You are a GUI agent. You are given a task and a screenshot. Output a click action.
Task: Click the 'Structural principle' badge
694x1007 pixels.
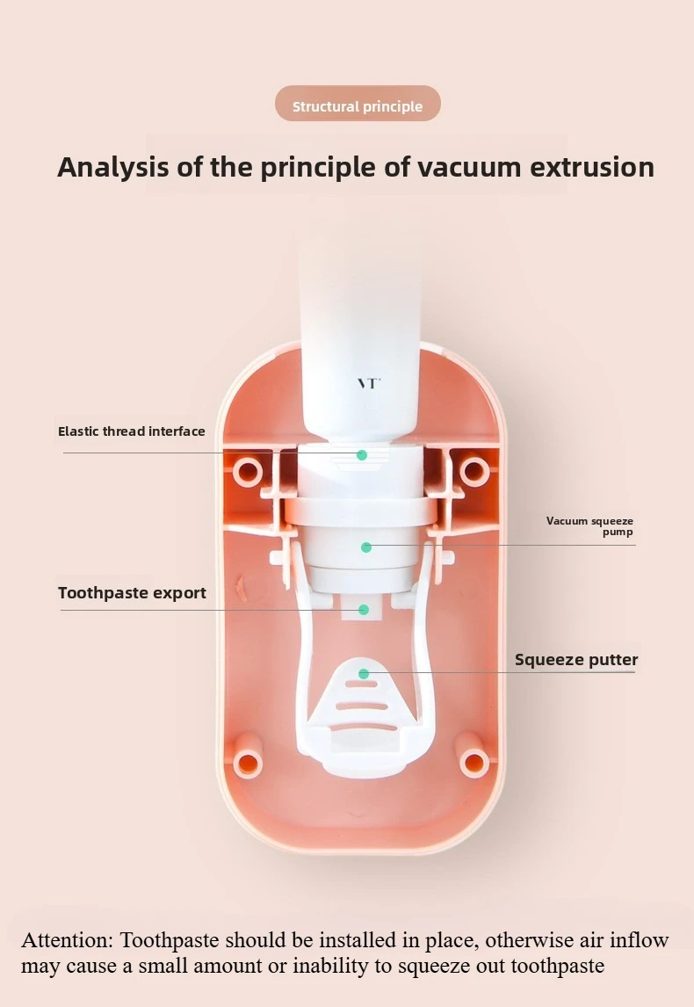(x=358, y=106)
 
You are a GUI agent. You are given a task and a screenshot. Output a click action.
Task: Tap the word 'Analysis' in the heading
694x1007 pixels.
(x=113, y=167)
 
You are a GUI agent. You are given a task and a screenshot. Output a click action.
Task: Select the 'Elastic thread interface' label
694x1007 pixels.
(x=132, y=431)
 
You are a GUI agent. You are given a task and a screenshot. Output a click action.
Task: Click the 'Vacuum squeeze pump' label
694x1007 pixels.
(x=589, y=526)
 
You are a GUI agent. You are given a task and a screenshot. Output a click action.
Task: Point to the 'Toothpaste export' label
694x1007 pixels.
(x=132, y=593)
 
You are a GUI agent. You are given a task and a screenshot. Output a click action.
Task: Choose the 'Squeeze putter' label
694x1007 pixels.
(x=576, y=660)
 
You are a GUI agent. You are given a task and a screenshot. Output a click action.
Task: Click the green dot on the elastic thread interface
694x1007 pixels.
(x=361, y=455)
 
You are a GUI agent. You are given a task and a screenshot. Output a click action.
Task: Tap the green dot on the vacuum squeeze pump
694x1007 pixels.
(x=366, y=547)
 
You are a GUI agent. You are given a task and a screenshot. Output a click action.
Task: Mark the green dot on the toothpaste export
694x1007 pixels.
(x=363, y=609)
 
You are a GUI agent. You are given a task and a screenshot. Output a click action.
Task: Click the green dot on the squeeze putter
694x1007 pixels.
(x=364, y=674)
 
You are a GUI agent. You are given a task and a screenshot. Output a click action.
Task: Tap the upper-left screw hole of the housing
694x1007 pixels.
(x=248, y=472)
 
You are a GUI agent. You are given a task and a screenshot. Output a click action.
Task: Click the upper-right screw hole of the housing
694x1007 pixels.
(x=474, y=471)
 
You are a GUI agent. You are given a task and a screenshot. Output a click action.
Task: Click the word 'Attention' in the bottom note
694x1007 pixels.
(x=67, y=940)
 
